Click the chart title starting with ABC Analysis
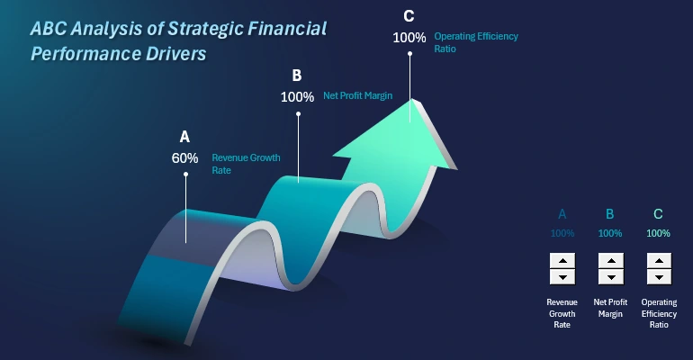[178, 41]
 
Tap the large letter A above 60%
[184, 137]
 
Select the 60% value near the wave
[184, 157]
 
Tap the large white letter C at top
[409, 16]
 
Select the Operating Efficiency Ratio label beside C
[476, 42]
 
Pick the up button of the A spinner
[562, 261]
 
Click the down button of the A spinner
[562, 276]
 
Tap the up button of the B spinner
[610, 261]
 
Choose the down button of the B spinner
[610, 276]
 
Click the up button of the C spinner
[658, 261]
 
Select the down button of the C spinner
[658, 276]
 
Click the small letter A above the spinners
[562, 214]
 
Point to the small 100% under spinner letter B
[610, 233]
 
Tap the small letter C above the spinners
[658, 214]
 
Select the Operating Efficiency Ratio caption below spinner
[658, 313]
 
